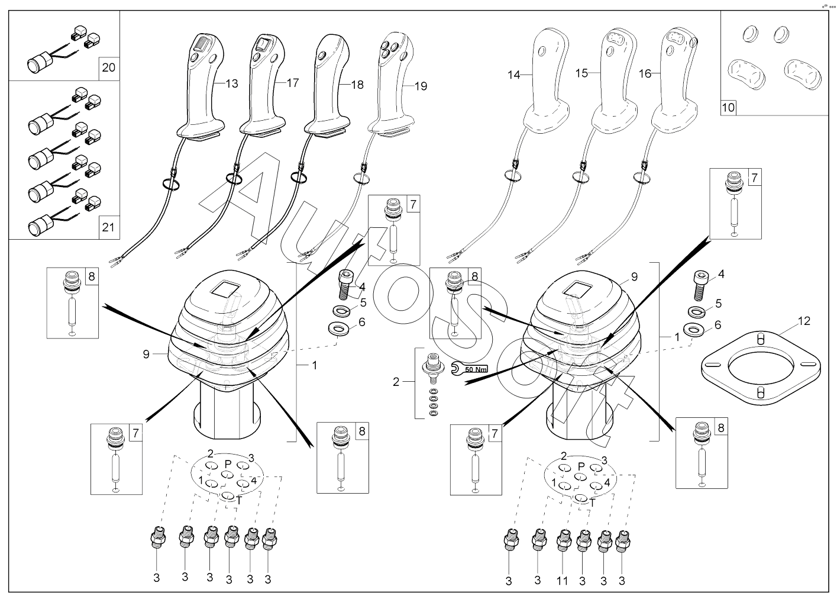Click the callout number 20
pyautogui.click(x=108, y=67)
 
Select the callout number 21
pyautogui.click(x=108, y=227)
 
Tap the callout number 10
pyautogui.click(x=728, y=108)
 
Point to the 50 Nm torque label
pyautogui.click(x=476, y=369)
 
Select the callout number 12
pyautogui.click(x=804, y=321)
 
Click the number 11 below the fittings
pyautogui.click(x=562, y=581)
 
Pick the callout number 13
pyautogui.click(x=232, y=84)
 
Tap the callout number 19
pyautogui.click(x=421, y=86)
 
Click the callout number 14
pyautogui.click(x=514, y=75)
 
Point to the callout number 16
pyautogui.click(x=645, y=73)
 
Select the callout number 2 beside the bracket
pyautogui.click(x=396, y=382)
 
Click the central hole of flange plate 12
pyautogui.click(x=761, y=368)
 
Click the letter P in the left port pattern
pyautogui.click(x=228, y=464)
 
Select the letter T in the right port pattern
pyautogui.click(x=592, y=503)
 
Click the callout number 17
pyautogui.click(x=293, y=83)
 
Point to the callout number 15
pyautogui.click(x=581, y=73)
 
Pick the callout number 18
pyautogui.click(x=357, y=85)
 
